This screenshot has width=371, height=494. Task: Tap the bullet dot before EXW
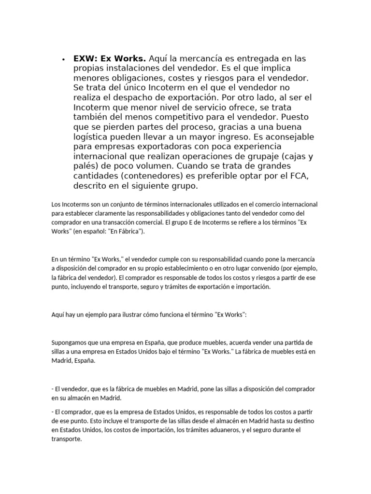point(63,59)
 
